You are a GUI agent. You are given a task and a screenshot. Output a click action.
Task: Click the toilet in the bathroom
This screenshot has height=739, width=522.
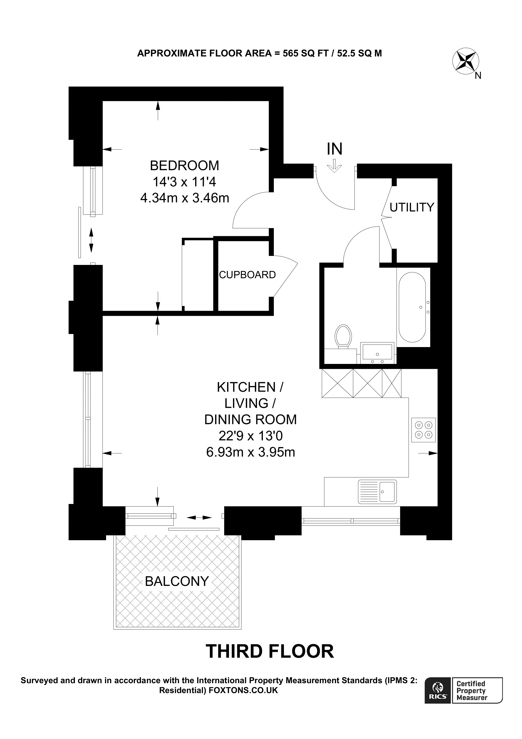(343, 336)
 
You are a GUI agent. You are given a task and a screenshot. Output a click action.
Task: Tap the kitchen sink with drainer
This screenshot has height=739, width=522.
(377, 492)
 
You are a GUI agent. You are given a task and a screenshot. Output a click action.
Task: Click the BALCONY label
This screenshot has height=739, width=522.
(177, 581)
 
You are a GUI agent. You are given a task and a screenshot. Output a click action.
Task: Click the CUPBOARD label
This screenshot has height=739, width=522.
(247, 275)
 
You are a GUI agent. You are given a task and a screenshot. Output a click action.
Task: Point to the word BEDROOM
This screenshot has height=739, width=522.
(184, 165)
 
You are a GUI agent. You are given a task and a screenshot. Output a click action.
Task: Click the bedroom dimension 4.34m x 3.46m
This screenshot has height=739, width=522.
(185, 198)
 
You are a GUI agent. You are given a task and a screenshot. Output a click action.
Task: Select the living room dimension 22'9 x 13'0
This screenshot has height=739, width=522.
(250, 436)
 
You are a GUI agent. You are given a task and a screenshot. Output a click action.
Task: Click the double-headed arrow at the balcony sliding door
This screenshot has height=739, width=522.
(199, 518)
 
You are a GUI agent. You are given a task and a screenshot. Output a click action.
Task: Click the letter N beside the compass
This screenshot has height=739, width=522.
(478, 76)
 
